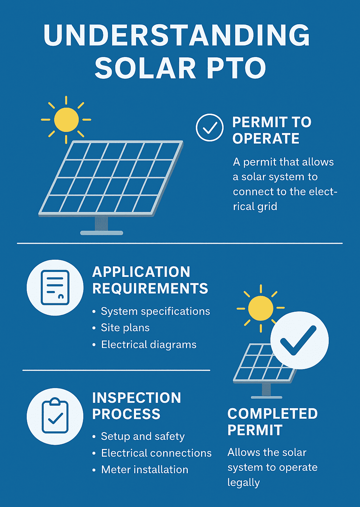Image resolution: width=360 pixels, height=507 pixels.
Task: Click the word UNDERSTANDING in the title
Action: [x=176, y=35]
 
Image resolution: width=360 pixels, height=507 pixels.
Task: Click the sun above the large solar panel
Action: [x=66, y=120]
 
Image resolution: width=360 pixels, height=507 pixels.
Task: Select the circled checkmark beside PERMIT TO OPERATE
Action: [x=210, y=127]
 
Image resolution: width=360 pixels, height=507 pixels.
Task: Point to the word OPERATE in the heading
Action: [x=266, y=139]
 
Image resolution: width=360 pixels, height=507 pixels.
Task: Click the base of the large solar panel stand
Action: [x=102, y=233]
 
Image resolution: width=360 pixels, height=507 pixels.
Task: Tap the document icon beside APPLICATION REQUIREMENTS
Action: [x=55, y=287]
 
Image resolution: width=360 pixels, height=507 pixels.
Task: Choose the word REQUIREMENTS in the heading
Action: [x=150, y=289]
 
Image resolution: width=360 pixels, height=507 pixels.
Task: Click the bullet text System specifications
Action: [x=155, y=311]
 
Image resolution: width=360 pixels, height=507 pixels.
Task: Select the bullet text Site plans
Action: [x=125, y=328]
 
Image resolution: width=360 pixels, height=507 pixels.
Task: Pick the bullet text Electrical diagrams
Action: [x=149, y=345]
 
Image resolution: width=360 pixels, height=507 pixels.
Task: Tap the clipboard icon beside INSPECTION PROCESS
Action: [x=55, y=416]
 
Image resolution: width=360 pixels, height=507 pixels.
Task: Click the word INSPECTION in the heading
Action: [x=136, y=398]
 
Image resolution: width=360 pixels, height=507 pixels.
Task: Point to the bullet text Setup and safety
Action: [x=143, y=436]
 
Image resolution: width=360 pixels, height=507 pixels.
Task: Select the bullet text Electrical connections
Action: [x=156, y=453]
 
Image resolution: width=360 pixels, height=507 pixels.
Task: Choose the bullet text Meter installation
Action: [x=144, y=470]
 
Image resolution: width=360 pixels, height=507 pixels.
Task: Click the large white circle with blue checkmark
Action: [x=299, y=340]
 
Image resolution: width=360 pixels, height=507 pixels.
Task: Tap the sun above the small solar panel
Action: [x=261, y=308]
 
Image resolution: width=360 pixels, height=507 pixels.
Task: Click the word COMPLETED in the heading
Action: [x=272, y=414]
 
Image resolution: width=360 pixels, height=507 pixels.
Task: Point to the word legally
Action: [x=244, y=482]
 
